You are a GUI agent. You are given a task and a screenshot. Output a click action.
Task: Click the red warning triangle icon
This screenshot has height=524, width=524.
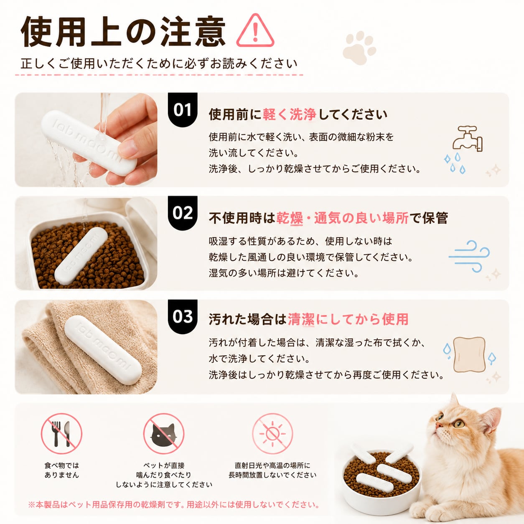coord(255,31)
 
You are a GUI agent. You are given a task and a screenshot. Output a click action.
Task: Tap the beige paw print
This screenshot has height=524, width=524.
coord(359,48)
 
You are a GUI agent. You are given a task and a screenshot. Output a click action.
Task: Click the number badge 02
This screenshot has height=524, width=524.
coord(183,213)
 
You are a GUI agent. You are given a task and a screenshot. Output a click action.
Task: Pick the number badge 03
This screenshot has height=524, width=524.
coord(183,316)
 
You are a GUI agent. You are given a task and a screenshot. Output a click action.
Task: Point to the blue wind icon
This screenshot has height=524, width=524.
coord(469,256)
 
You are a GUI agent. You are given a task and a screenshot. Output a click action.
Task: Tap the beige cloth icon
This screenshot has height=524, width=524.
coord(470,354)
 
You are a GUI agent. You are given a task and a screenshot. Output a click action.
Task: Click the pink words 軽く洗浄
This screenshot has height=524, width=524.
coord(289,114)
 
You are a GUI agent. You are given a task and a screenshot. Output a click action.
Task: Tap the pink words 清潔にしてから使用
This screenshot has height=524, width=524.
coord(348,319)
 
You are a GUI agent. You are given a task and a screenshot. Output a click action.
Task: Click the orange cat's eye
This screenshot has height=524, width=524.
coord(459,423)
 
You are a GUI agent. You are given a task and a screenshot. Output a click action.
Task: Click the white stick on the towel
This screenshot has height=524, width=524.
coord(103,350)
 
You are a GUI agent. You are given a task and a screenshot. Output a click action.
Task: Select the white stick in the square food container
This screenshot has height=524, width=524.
coord(81,256)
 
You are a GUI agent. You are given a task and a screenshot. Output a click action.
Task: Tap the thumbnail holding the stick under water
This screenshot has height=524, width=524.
coord(86,140)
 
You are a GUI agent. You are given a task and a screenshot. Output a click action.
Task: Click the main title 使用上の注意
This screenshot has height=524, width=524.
coord(123,32)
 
